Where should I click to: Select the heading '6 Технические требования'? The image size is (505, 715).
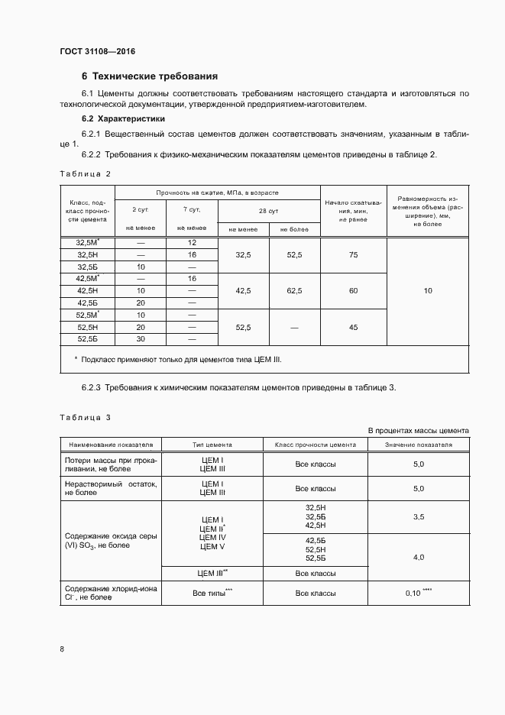[x=150, y=76]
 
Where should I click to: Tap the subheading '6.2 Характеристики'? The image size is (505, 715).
[x=122, y=119]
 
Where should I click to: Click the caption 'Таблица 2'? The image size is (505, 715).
[x=86, y=174]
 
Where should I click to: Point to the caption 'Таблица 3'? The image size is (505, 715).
[x=86, y=418]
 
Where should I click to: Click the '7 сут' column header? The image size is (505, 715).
[x=192, y=209]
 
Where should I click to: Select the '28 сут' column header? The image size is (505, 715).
[x=268, y=209]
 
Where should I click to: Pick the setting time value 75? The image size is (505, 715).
[x=352, y=254]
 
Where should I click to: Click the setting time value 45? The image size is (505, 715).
[x=352, y=327]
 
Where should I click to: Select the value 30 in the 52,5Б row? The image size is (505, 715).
[x=140, y=338]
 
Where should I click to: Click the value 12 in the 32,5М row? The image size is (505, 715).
[x=192, y=242]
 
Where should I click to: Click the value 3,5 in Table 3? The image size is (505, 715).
[x=418, y=517]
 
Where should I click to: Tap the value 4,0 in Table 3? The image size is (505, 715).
[x=418, y=558]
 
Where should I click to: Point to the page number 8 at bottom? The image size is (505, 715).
[x=62, y=649]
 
